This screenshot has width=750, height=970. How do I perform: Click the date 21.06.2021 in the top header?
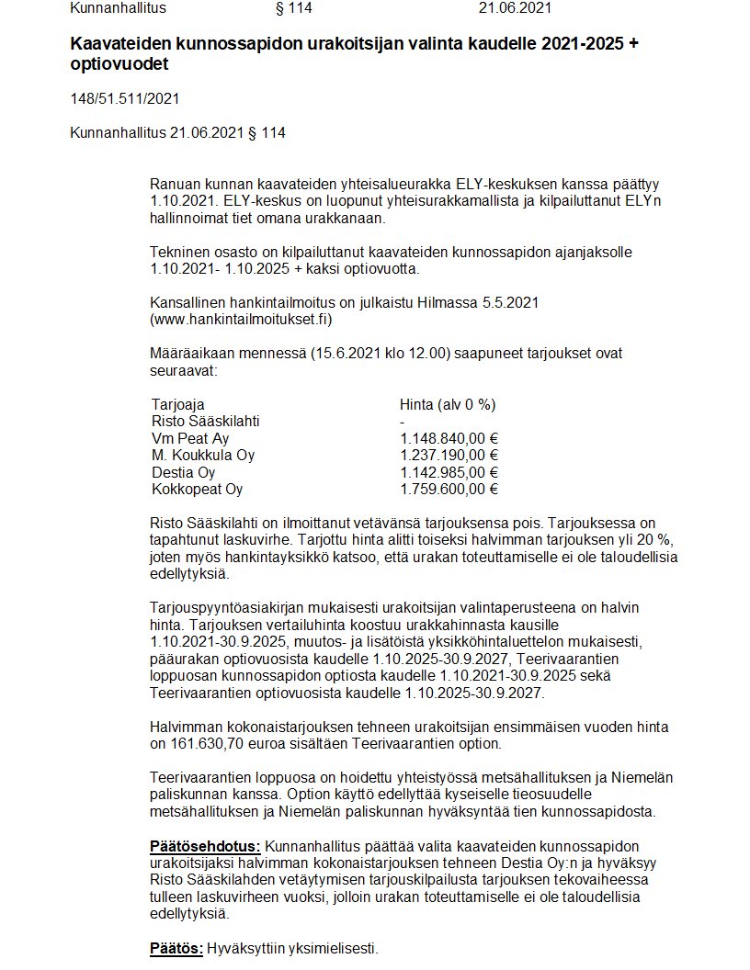[515, 9]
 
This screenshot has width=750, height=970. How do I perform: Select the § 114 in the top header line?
[295, 9]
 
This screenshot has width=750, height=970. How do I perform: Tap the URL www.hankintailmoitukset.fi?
[241, 319]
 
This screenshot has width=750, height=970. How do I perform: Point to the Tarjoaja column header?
[178, 404]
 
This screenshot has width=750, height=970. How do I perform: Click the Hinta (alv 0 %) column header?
[448, 404]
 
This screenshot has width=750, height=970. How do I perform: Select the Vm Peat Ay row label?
[190, 438]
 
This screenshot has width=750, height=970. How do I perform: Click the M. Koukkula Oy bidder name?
[203, 456]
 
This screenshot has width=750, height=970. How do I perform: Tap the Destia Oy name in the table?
[184, 472]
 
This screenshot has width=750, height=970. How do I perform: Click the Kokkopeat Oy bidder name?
[197, 489]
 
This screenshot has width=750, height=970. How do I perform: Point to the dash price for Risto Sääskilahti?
[403, 422]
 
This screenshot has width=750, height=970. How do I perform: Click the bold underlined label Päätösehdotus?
[206, 845]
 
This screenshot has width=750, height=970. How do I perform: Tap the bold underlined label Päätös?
[176, 948]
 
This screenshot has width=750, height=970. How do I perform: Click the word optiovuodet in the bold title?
[119, 65]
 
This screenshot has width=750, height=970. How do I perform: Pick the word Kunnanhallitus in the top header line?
[119, 9]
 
